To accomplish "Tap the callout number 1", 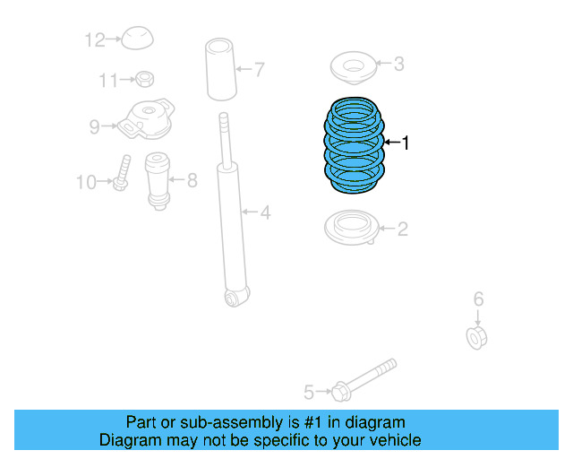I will click(405, 143).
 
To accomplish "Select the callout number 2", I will click(402, 229).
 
